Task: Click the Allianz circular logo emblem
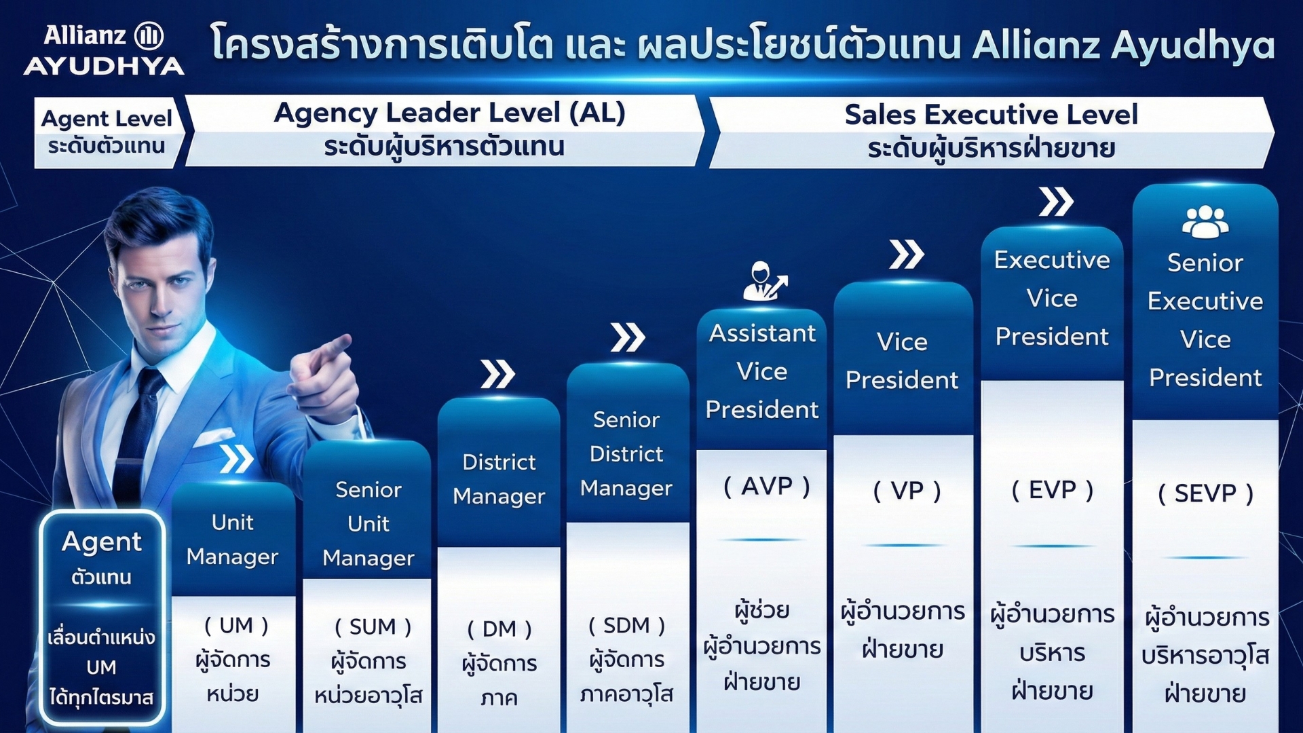[x=149, y=35]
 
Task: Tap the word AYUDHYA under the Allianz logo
[x=104, y=66]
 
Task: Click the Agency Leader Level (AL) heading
[x=449, y=113]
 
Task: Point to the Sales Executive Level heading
[x=991, y=115]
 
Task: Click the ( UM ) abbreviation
[x=236, y=625]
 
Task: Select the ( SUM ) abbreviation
[x=373, y=626]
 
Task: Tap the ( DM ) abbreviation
[x=499, y=629]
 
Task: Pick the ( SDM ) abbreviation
[x=626, y=625]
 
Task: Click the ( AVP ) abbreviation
[x=766, y=486]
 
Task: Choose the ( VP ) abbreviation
[x=907, y=491]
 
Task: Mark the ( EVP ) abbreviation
[x=1052, y=489]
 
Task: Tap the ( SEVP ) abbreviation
[x=1205, y=493]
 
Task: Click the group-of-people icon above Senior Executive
[x=1205, y=221]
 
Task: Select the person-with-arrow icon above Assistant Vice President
[x=763, y=281]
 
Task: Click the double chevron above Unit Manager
[x=236, y=459]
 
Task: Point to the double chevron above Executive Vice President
[x=1056, y=202]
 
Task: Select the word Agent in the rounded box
[x=102, y=542]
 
